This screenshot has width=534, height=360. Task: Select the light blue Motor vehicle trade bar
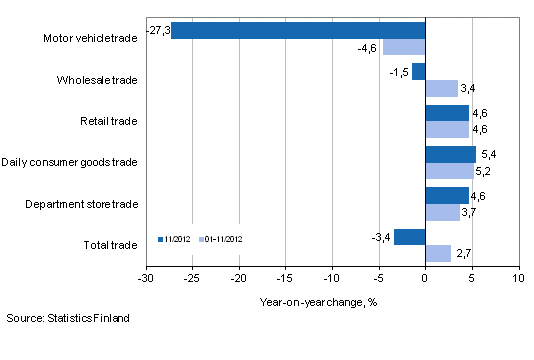click(x=404, y=47)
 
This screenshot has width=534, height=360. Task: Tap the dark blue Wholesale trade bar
click(x=419, y=71)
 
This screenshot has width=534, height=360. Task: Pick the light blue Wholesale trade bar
click(x=441, y=88)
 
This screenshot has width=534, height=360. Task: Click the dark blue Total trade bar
click(x=410, y=237)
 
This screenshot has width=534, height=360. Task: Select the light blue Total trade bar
click(x=438, y=253)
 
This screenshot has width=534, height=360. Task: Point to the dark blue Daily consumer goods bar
click(x=450, y=154)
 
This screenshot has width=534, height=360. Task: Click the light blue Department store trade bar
click(x=442, y=212)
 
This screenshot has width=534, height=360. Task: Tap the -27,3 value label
click(x=158, y=30)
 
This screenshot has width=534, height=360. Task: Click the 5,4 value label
click(x=488, y=154)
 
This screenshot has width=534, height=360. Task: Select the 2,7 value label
click(x=462, y=254)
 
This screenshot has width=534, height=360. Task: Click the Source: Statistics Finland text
click(x=67, y=318)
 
